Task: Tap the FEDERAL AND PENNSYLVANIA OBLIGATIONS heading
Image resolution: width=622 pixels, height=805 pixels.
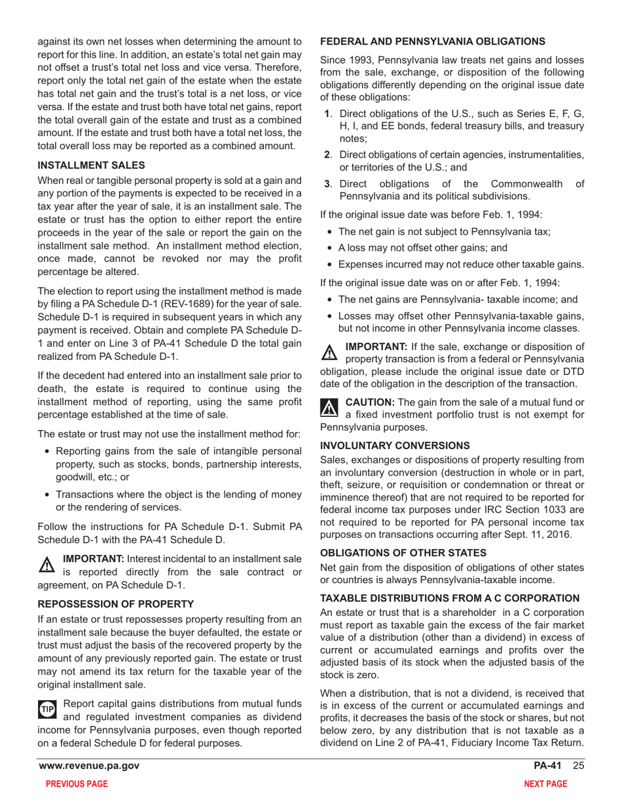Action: [433, 41]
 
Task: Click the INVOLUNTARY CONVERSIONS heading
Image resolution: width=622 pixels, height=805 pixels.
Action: [395, 445]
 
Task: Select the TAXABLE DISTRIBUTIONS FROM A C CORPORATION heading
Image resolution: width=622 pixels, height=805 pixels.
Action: [450, 598]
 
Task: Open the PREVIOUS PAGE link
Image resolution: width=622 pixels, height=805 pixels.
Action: [73, 785]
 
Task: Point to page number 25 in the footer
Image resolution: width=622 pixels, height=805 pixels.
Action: [577, 766]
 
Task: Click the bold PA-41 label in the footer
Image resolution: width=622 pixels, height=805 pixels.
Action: [551, 766]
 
